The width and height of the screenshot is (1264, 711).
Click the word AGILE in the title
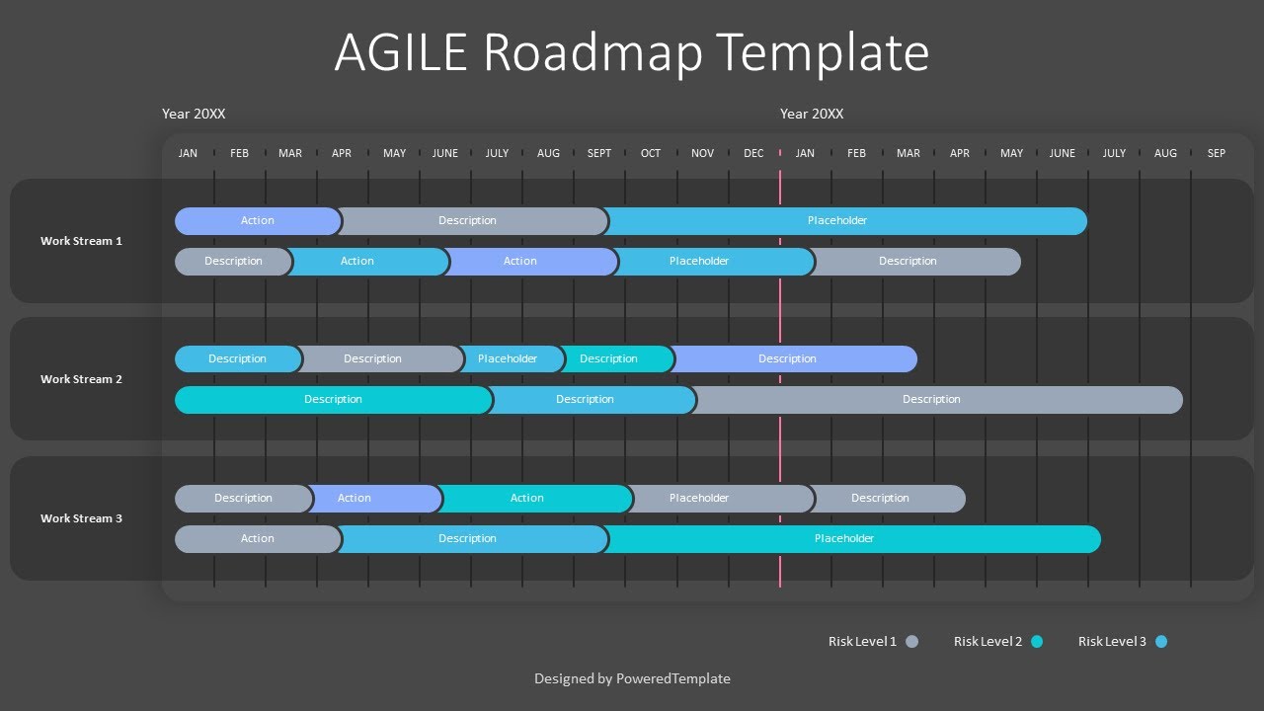click(400, 53)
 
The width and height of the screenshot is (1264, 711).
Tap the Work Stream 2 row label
click(81, 379)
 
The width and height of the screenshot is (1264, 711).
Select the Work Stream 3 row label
click(81, 518)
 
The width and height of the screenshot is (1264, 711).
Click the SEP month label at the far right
click(1216, 153)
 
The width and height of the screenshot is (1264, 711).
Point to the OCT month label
click(651, 153)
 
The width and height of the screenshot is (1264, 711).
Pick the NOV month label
click(702, 153)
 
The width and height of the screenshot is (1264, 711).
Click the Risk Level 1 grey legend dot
click(911, 642)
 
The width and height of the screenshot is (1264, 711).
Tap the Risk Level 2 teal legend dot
click(1037, 642)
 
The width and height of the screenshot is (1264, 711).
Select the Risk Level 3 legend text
click(1112, 642)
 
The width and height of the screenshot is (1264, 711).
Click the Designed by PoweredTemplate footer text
click(632, 678)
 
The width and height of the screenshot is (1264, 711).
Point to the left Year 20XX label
click(194, 114)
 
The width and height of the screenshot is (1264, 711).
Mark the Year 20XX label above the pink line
click(812, 114)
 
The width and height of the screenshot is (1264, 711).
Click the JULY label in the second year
click(1114, 153)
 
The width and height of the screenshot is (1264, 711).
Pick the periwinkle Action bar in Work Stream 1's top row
click(258, 221)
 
